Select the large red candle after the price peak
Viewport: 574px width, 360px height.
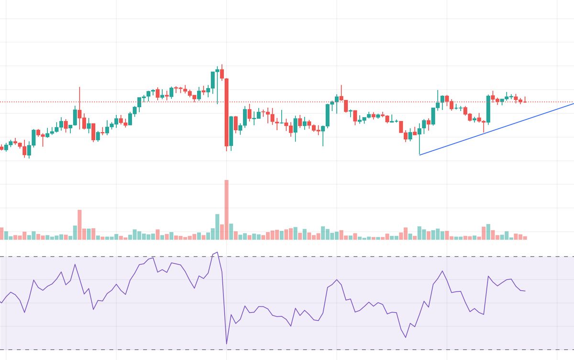[227, 112]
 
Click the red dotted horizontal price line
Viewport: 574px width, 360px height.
[287, 102]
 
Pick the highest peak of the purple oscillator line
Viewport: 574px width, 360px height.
[217, 252]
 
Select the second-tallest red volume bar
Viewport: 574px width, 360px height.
[79, 225]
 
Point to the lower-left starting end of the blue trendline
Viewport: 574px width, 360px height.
[419, 155]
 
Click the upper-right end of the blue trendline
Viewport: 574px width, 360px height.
[573, 103]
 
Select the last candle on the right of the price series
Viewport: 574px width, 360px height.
[525, 101]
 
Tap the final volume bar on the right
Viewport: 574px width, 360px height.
[525, 237]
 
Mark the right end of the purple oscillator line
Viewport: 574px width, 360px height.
[525, 291]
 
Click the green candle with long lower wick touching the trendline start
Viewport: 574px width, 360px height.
[419, 131]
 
